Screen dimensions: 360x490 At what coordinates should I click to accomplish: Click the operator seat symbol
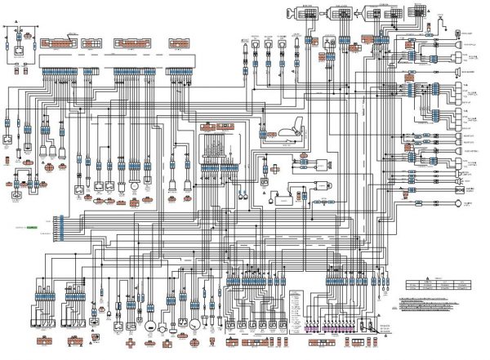[287, 129]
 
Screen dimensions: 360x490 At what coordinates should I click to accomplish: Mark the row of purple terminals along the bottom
[327, 330]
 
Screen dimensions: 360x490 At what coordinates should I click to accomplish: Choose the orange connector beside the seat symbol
[265, 130]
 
